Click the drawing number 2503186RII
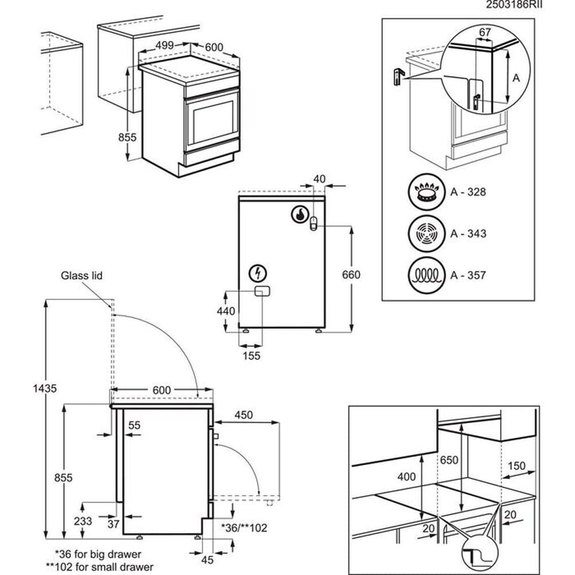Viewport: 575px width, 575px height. [515, 5]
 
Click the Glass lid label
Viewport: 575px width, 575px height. [82, 276]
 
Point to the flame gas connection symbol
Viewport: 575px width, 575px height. [300, 214]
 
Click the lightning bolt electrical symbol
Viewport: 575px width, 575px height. [258, 272]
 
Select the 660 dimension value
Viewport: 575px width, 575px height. [351, 275]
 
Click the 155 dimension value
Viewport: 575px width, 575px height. [251, 355]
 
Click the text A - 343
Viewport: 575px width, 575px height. [468, 233]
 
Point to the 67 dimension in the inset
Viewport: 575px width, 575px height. [485, 33]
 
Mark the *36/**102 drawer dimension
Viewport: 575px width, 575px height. [244, 527]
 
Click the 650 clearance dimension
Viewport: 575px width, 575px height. [448, 461]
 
